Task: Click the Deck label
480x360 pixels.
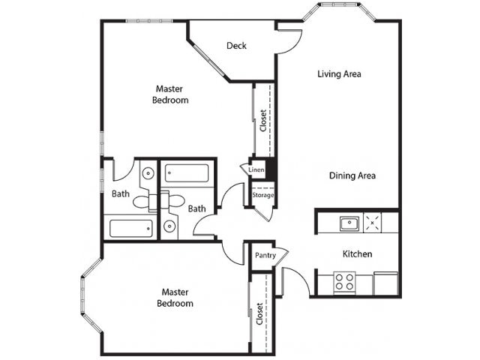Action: click(237, 46)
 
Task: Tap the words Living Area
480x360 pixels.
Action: click(340, 74)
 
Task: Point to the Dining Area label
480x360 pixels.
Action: click(352, 176)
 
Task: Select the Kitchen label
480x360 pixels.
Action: click(357, 254)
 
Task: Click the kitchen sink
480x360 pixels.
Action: click(348, 222)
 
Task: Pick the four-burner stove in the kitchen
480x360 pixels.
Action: click(344, 282)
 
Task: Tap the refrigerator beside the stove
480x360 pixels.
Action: click(385, 283)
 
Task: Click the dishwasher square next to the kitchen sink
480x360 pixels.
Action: click(373, 222)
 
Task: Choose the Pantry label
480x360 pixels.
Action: click(265, 256)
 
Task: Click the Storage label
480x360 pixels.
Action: click(262, 195)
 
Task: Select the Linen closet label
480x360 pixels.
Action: click(255, 170)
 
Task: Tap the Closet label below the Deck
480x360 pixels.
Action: click(262, 121)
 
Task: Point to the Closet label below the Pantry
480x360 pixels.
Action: click(259, 313)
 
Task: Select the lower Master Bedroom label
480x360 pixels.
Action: click(175, 298)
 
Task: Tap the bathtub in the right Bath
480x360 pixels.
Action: click(188, 174)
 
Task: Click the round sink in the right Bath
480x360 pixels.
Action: click(170, 226)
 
